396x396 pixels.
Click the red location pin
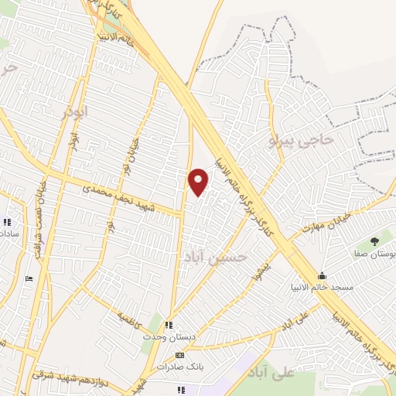(x=199, y=181)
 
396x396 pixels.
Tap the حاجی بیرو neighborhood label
(x=301, y=140)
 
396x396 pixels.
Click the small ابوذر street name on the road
(x=73, y=154)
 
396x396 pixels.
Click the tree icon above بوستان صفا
(x=374, y=241)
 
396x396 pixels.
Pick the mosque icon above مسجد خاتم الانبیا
(x=322, y=276)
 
